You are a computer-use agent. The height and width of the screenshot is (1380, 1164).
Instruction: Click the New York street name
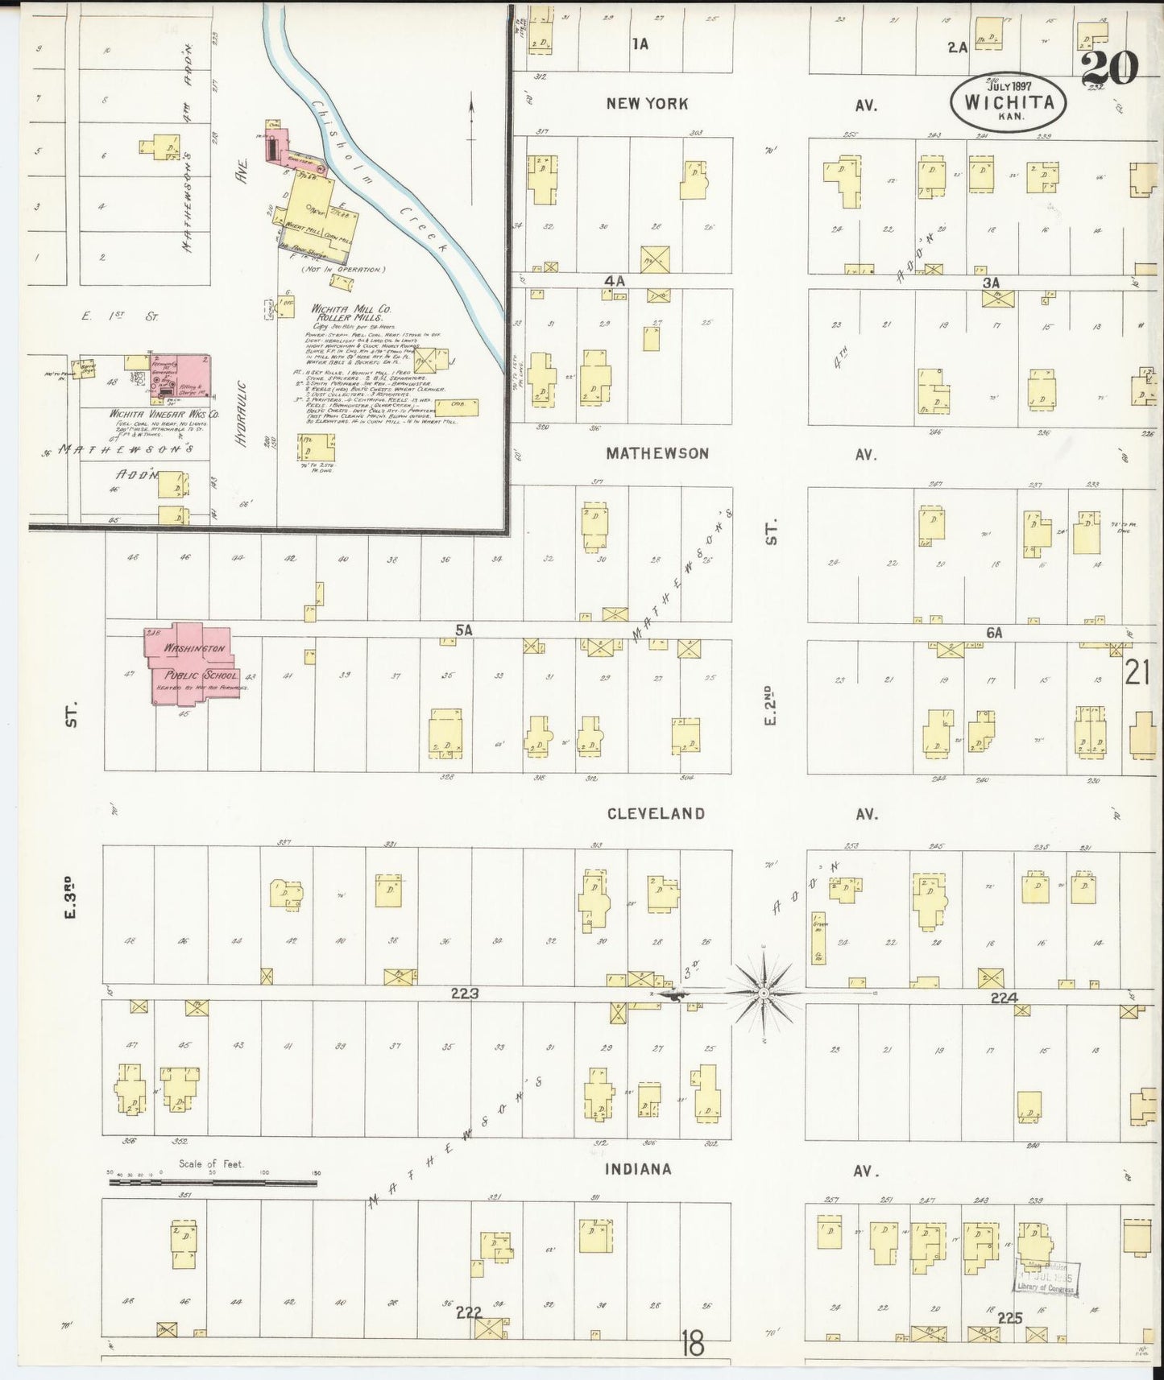(648, 103)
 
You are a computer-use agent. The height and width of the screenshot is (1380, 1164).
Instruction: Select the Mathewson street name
(657, 454)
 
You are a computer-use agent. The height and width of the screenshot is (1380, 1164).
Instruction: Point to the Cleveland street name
(656, 814)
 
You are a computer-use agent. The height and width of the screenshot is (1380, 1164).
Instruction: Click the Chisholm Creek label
(379, 177)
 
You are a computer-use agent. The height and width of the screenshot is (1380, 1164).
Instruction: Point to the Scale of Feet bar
(213, 1182)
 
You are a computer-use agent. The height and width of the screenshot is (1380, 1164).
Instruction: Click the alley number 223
(465, 994)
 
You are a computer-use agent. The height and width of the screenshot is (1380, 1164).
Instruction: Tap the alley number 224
(1004, 998)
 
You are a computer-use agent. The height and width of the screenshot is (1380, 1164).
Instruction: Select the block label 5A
(463, 631)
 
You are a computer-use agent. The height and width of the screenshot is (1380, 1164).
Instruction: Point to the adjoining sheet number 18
(692, 1343)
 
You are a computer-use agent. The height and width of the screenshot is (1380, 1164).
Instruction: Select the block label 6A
(994, 633)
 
